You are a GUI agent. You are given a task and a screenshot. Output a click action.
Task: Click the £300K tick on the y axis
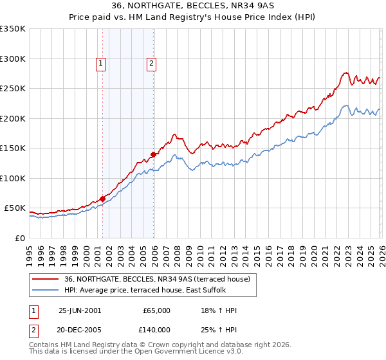tap(13, 59)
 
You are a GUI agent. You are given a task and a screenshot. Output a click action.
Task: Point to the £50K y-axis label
tap(15, 208)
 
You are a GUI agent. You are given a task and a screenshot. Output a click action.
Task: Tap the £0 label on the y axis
tap(20, 239)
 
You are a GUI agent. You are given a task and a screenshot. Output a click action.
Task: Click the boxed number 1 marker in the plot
tap(102, 63)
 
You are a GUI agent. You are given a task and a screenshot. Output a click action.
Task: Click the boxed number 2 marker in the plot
tap(151, 63)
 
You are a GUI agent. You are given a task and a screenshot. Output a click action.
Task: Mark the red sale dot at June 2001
tap(102, 199)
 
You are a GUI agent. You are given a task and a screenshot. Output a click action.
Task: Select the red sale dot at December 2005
tap(154, 154)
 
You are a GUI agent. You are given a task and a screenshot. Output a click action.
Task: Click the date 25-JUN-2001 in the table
tap(80, 310)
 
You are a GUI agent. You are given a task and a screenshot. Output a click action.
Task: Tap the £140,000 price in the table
tap(157, 330)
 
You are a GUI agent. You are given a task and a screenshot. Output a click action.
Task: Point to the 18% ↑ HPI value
tap(219, 310)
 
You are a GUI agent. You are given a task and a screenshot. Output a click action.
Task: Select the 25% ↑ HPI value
tap(219, 330)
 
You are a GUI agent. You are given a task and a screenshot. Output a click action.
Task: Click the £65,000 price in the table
tap(157, 310)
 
